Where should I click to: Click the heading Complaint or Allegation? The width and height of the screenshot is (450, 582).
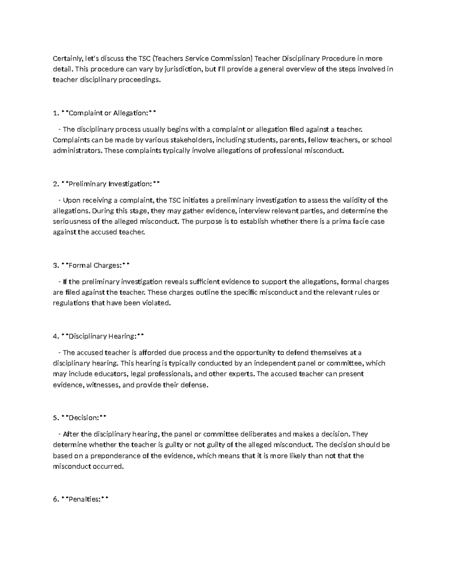[x=109, y=113]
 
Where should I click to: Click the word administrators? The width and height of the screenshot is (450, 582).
[x=77, y=151]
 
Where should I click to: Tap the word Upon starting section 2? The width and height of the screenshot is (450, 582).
[x=70, y=200]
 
